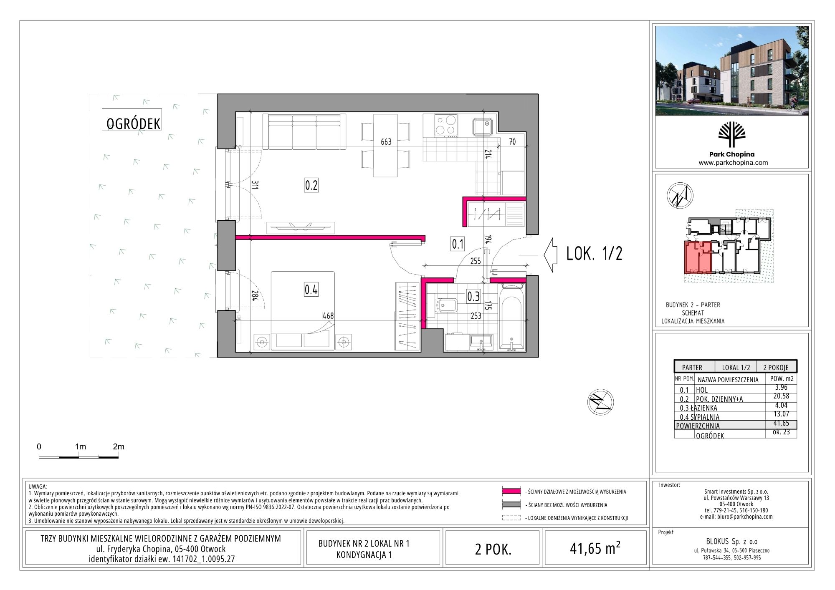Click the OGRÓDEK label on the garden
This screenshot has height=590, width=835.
coord(133,124)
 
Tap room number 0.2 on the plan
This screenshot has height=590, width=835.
coord(311,185)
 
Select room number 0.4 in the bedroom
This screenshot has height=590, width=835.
coord(311,289)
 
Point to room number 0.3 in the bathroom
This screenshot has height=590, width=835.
coord(473,296)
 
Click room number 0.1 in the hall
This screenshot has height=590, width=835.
coord(458,244)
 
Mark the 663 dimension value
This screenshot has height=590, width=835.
coord(386,142)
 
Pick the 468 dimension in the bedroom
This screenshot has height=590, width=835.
coord(328,316)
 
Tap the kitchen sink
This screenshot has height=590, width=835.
coord(483,126)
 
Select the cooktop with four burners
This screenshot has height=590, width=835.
coord(446,126)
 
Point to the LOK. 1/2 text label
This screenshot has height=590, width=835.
coord(594,254)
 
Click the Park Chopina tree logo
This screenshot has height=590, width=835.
coord(732,134)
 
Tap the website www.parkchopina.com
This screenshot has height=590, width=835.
coord(733,163)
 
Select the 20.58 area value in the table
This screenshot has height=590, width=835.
coord(781,396)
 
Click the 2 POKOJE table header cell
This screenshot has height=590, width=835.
coord(776,367)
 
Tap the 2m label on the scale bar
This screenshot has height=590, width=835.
coord(119,446)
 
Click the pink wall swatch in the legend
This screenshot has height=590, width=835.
coord(511,492)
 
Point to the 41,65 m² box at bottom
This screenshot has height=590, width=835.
coord(595,548)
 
